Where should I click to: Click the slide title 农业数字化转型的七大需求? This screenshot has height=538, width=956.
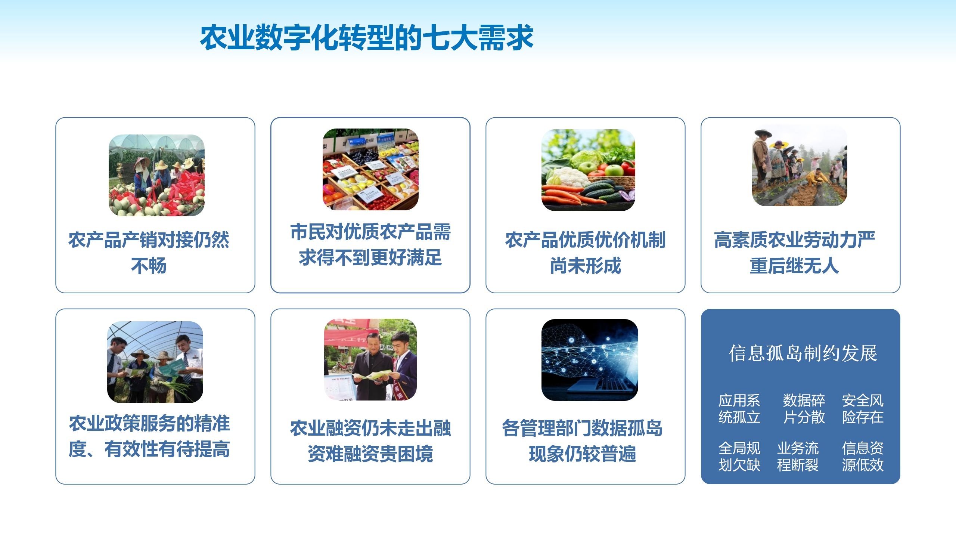pyautogui.click(x=367, y=37)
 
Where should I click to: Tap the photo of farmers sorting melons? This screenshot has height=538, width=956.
pyautogui.click(x=156, y=175)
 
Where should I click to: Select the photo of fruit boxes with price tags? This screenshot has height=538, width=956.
pyautogui.click(x=370, y=169)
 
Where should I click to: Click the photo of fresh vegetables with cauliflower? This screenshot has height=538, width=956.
pyautogui.click(x=588, y=170)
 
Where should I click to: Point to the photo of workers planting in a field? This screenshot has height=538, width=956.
pyautogui.click(x=800, y=166)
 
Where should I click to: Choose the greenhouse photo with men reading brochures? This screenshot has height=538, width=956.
pyautogui.click(x=155, y=362)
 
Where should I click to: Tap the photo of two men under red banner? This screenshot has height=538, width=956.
pyautogui.click(x=370, y=359)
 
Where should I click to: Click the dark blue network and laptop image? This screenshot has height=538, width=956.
pyautogui.click(x=590, y=360)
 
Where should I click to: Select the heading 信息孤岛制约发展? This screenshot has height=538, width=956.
pyautogui.click(x=803, y=353)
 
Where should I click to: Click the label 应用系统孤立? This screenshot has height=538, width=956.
pyautogui.click(x=739, y=409)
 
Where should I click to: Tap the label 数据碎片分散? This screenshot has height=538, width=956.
pyautogui.click(x=804, y=409)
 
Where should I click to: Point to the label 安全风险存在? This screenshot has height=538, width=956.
pyautogui.click(x=863, y=409)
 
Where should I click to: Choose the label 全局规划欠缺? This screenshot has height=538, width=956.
pyautogui.click(x=739, y=457)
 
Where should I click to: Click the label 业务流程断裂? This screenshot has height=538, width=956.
pyautogui.click(x=798, y=457)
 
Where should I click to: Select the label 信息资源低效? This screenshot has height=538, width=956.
pyautogui.click(x=863, y=457)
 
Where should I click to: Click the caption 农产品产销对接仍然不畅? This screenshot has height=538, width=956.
pyautogui.click(x=149, y=253)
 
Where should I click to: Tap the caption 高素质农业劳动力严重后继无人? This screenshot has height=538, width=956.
pyautogui.click(x=794, y=253)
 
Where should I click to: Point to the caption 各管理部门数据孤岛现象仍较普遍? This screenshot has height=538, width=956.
pyautogui.click(x=582, y=441)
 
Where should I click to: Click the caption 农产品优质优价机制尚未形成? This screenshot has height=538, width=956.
pyautogui.click(x=585, y=253)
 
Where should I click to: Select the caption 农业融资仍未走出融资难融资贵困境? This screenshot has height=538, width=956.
pyautogui.click(x=370, y=441)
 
